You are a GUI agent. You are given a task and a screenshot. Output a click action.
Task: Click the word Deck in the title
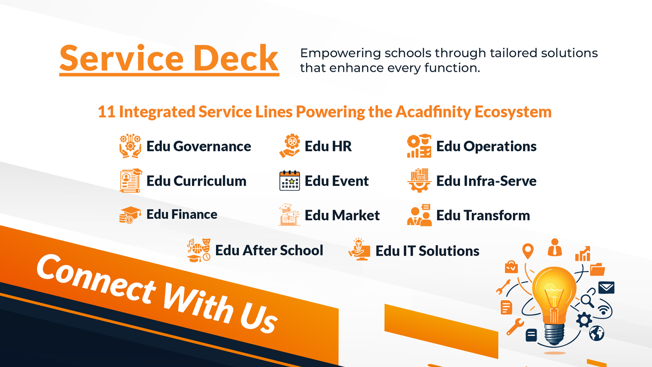coord(236,58)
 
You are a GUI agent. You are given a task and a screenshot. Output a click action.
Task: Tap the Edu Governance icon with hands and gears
coord(130,146)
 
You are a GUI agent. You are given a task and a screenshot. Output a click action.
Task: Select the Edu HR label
coord(328,146)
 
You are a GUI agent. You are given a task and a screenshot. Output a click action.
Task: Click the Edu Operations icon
coord(419,146)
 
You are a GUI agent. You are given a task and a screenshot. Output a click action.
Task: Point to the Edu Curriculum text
coord(196,181)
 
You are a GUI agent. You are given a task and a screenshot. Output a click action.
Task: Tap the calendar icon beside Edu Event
coord(290,181)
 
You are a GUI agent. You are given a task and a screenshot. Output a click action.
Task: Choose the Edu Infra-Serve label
coord(486,181)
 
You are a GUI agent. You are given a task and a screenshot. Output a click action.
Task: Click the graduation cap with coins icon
coord(130,215)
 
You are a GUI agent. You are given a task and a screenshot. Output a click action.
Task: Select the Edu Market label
coord(342,215)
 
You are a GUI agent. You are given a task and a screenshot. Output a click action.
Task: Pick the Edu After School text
coord(269,250)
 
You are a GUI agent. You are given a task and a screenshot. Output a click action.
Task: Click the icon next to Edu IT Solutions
coord(359,249)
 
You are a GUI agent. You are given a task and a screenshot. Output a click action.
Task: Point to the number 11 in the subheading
coord(106,112)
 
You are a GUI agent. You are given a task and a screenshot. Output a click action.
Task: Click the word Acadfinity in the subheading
coord(433,112)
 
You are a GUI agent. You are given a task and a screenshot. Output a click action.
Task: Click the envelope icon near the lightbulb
coord(606,287)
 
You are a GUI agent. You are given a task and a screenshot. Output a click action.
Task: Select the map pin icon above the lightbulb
coord(528,251)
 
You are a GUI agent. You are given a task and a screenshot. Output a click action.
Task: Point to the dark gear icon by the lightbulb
coord(584,320)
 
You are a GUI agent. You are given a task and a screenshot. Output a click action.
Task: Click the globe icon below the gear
coord(597,333)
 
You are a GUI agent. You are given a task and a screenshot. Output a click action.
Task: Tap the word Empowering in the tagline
coord(340,53)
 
